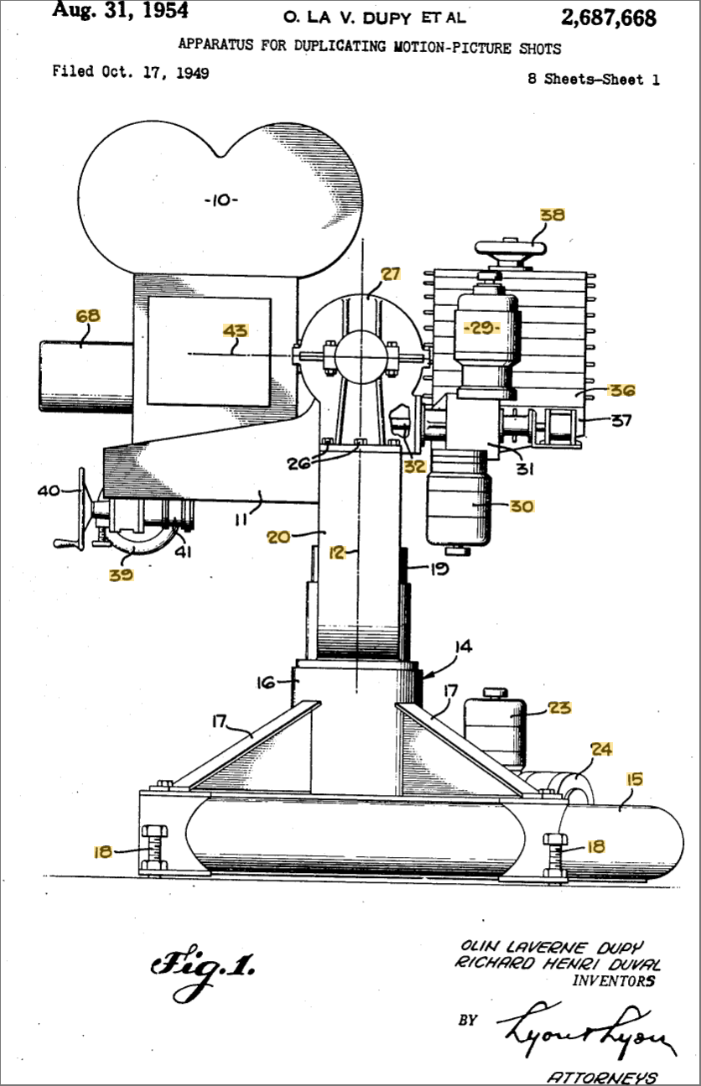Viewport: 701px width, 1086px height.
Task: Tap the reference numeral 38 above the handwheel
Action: [553, 215]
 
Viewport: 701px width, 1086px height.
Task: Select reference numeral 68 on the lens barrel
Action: [88, 316]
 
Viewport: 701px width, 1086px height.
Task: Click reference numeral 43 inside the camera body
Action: [236, 331]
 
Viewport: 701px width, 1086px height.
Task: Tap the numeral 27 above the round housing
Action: [391, 273]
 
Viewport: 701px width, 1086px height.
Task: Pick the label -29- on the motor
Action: [483, 327]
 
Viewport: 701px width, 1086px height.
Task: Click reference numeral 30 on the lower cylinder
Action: [520, 506]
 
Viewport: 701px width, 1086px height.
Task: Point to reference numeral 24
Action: [600, 749]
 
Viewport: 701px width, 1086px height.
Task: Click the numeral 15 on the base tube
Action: [634, 779]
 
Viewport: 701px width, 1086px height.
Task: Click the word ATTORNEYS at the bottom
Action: [602, 1077]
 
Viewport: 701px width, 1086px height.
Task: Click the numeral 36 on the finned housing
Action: [622, 390]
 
